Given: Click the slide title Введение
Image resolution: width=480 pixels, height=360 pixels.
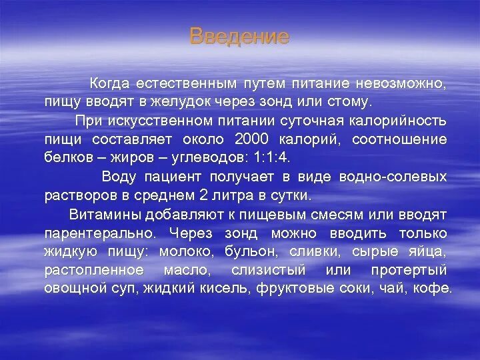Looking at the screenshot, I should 239,36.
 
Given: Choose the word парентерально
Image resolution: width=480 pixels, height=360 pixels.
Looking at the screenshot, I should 100,233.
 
